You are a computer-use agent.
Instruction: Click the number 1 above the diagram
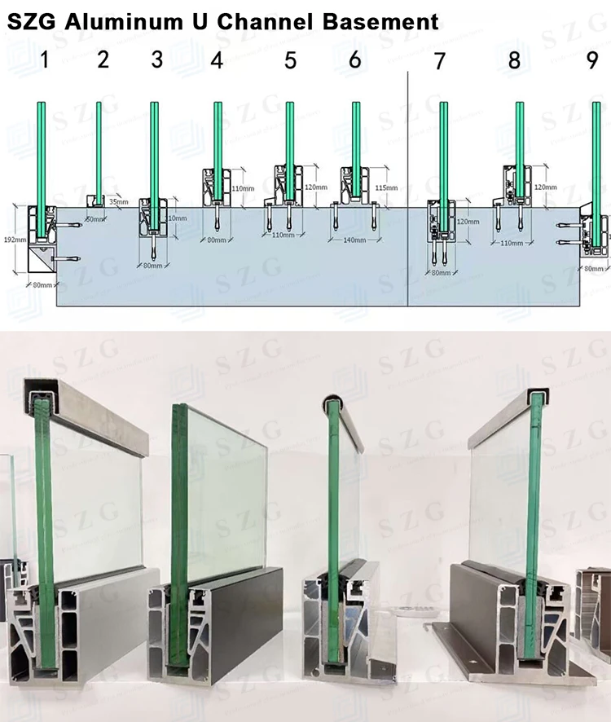46,61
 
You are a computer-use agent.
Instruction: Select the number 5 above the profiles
291,61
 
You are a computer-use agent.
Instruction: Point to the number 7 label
440,62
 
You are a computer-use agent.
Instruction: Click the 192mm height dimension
13,240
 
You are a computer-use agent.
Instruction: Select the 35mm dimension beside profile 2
118,201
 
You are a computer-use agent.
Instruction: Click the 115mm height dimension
387,188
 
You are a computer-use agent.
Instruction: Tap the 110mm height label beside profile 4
244,188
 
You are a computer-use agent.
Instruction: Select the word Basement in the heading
383,21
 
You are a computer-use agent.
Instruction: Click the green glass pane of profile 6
355,147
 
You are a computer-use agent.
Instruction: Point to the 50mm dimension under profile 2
96,220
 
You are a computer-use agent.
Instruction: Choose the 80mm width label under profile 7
441,272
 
